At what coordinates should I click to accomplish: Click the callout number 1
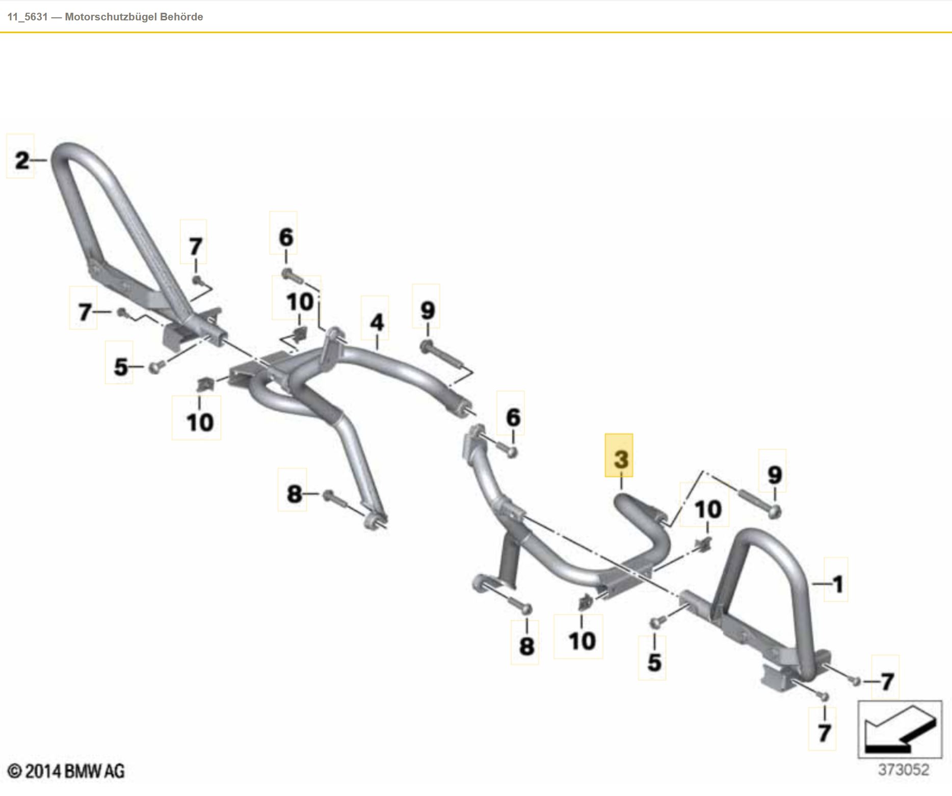tap(837, 584)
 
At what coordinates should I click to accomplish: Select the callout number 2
tap(21, 161)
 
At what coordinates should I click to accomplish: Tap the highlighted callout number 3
tap(620, 459)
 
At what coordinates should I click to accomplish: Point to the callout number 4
tap(376, 322)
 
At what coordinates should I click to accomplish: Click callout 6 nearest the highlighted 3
tap(513, 417)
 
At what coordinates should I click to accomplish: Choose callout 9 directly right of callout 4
tap(427, 310)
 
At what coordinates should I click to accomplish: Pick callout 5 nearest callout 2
tap(120, 366)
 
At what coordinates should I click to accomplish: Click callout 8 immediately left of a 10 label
tap(526, 646)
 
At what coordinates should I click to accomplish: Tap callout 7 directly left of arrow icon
tap(824, 733)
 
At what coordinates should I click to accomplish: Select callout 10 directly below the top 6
tap(300, 302)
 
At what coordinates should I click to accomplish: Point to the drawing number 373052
tap(903, 770)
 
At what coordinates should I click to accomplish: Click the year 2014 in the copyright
tap(43, 771)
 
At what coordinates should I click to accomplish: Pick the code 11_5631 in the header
tap(28, 17)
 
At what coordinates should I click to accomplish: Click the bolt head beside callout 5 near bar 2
tap(154, 366)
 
